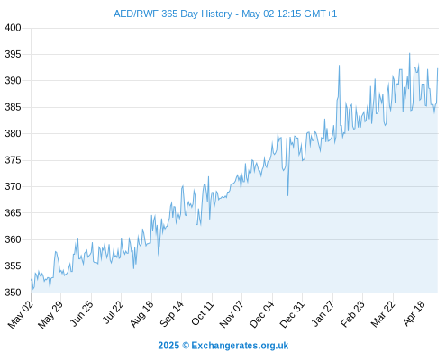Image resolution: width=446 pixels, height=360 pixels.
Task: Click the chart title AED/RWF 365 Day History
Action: (x=173, y=13)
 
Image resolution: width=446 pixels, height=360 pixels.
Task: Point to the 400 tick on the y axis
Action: (x=13, y=28)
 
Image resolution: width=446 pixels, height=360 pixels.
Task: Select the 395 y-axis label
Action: (x=13, y=54)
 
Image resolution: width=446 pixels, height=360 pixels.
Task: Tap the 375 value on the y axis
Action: (x=13, y=160)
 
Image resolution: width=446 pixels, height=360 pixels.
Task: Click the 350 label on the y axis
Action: (x=13, y=292)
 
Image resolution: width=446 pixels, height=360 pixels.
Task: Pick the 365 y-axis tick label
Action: (x=13, y=213)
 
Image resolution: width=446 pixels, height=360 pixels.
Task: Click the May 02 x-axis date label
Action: (x=21, y=314)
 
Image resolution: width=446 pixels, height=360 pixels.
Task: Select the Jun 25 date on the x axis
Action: (x=82, y=313)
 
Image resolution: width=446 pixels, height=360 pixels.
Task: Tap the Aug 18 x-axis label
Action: (x=141, y=313)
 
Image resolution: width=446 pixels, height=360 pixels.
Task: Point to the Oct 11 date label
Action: (x=203, y=313)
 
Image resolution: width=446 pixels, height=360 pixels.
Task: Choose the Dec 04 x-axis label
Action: (x=262, y=314)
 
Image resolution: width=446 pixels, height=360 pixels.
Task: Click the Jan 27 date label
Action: (x=323, y=313)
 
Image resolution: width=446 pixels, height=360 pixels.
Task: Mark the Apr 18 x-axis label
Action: (x=414, y=313)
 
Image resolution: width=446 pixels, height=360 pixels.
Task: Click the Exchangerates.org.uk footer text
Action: (x=240, y=346)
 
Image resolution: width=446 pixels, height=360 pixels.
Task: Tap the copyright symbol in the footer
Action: (x=186, y=346)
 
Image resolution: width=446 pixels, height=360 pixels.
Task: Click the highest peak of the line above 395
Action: (x=409, y=54)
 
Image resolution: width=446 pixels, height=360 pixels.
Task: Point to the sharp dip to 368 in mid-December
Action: (x=287, y=195)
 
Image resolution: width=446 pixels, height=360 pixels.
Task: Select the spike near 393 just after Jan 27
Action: (x=340, y=66)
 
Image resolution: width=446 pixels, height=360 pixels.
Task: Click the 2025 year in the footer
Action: (x=168, y=346)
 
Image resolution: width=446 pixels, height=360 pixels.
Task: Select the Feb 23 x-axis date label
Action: (x=353, y=313)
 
